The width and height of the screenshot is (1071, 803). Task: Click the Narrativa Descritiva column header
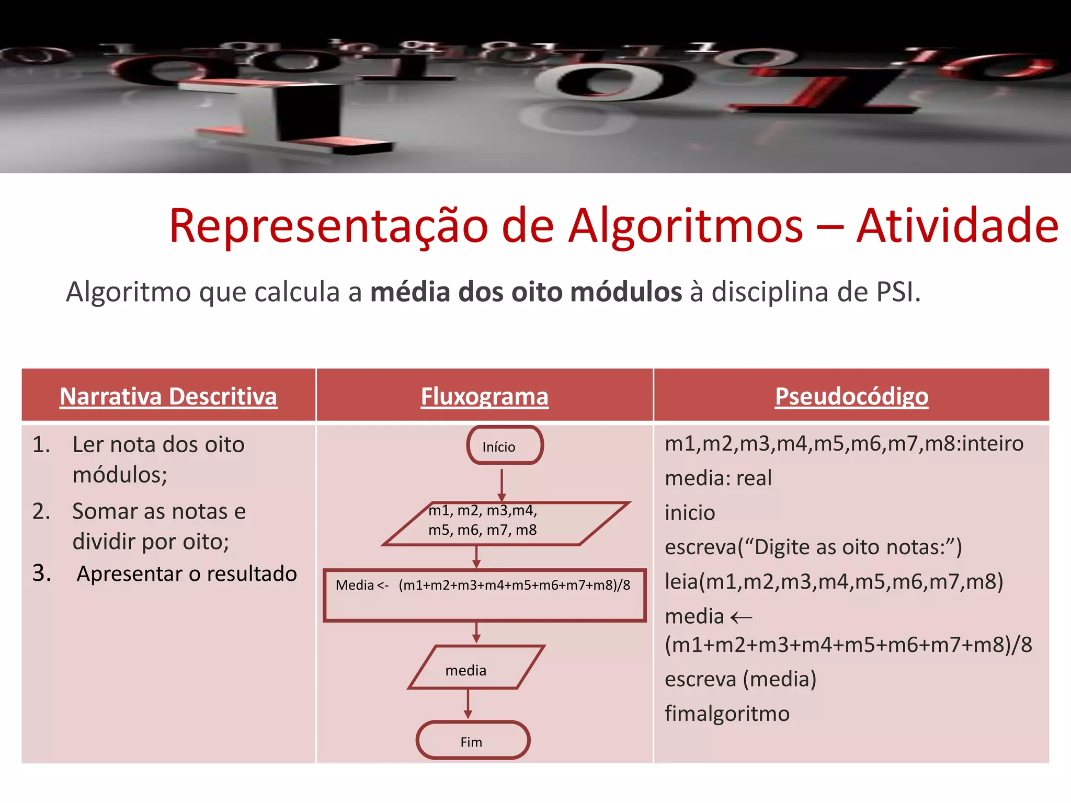coord(168,396)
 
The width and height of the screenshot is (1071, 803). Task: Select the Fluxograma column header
coord(484,396)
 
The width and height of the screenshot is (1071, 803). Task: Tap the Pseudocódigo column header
coord(851,396)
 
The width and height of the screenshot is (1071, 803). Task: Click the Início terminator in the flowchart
coord(505,445)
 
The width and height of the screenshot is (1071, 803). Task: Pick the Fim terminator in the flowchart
coord(473,740)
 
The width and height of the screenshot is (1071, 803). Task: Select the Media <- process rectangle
coord(484,595)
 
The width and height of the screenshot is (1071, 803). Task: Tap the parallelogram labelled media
coord(475,668)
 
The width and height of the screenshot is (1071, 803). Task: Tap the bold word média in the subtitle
coord(410,292)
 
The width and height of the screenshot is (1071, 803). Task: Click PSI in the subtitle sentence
coord(896,292)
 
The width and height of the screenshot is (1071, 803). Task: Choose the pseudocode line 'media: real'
coord(718,478)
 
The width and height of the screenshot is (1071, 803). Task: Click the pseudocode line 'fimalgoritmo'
coord(727,714)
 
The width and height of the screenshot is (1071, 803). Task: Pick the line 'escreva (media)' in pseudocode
coord(740,679)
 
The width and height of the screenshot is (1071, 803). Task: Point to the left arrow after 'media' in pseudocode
coord(741,618)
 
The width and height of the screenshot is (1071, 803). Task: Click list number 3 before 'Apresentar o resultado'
coord(41,573)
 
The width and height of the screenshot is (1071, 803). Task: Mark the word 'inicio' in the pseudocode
coord(690,512)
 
